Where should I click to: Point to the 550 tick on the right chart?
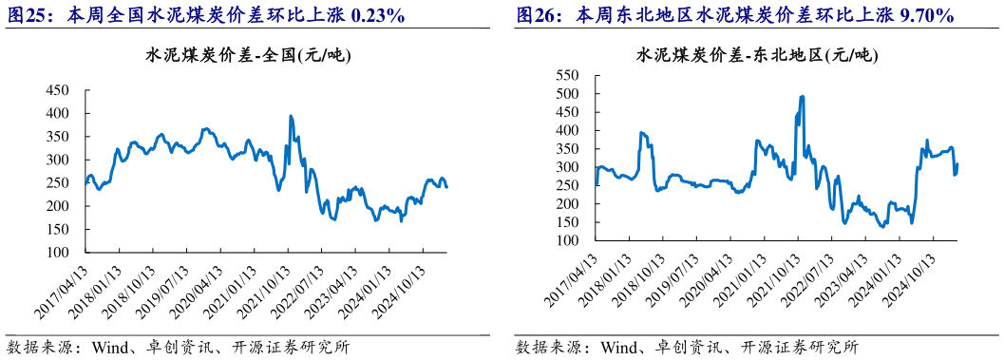tap(566, 75)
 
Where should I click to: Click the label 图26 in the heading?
tap(536, 15)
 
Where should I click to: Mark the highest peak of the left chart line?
tap(290, 116)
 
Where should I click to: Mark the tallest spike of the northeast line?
tap(803, 96)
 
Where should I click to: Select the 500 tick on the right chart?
tap(566, 93)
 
